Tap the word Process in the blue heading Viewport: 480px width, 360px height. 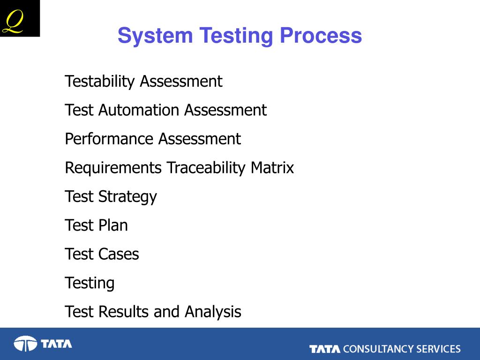(x=321, y=36)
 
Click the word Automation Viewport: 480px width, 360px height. (x=140, y=110)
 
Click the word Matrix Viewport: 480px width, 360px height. (x=272, y=168)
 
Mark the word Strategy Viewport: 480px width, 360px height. (x=127, y=197)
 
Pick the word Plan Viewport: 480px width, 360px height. (x=113, y=225)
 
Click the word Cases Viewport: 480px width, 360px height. (x=119, y=255)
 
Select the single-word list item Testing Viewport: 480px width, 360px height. (x=90, y=283)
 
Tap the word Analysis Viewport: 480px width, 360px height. (x=213, y=312)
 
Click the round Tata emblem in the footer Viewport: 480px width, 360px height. (x=25, y=344)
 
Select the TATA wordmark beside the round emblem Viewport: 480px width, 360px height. (x=56, y=344)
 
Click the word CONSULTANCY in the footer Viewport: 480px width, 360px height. (x=379, y=349)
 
